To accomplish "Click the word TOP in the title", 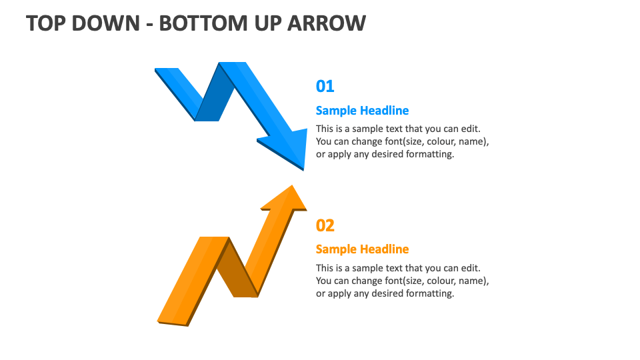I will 47,23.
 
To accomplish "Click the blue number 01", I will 325,86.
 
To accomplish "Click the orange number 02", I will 325,225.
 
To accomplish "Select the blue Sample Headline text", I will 362,111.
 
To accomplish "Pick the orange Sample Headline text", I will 362,249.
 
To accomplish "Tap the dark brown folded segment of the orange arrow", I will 237,270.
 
